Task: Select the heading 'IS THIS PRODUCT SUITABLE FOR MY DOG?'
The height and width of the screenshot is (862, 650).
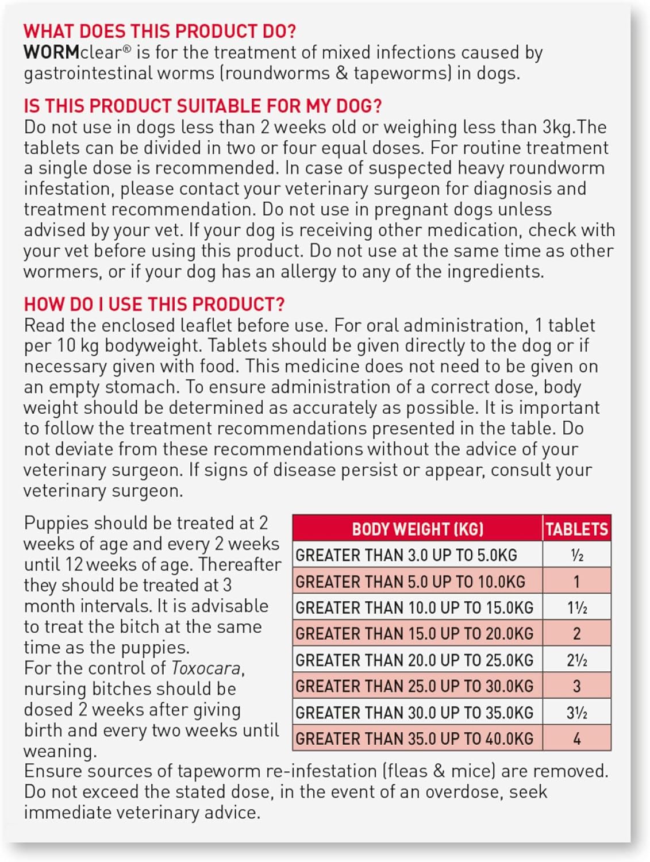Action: point(202,106)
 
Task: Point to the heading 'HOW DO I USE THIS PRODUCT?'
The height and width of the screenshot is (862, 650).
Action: point(154,304)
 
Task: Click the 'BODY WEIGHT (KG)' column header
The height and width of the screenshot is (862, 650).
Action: point(417,529)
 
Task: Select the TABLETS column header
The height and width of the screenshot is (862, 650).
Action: point(576,529)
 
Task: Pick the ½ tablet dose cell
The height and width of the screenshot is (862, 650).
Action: point(576,555)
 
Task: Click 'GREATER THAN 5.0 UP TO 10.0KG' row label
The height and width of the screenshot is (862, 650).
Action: point(410,582)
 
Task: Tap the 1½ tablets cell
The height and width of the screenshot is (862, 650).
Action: point(576,608)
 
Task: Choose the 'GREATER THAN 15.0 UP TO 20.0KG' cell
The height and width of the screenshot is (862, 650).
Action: point(414,634)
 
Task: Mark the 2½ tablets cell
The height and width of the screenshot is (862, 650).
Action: point(576,660)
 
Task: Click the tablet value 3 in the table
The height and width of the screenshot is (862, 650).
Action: point(576,686)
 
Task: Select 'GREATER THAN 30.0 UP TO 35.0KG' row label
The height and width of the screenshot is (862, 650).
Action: point(414,713)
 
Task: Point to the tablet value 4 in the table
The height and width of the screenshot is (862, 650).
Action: point(576,739)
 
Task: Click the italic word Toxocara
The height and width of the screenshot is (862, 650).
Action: point(206,668)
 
